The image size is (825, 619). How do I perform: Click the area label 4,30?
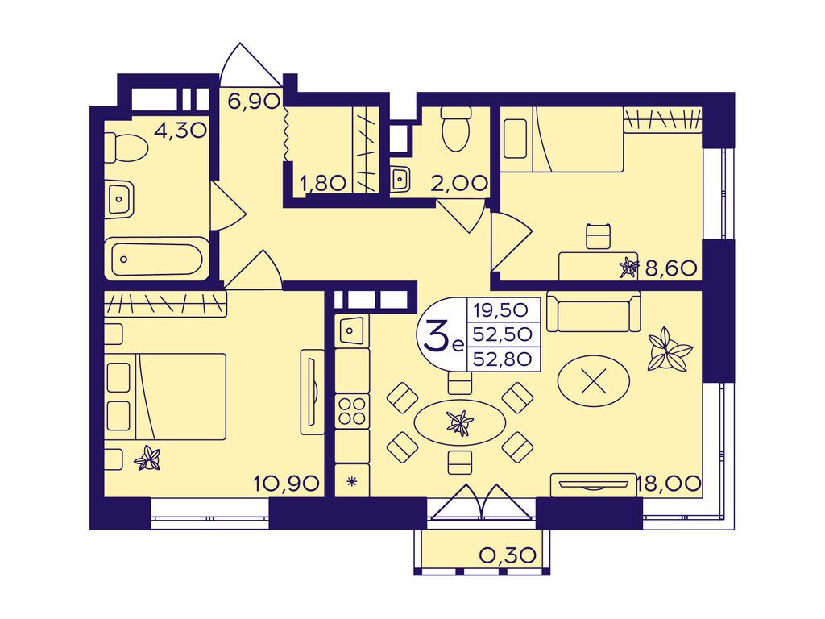click(180, 130)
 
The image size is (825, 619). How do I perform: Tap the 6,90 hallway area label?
click(254, 100)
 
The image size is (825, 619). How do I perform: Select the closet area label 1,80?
click(322, 183)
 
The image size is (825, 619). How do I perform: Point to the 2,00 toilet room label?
click(458, 183)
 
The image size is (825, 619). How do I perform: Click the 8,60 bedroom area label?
click(671, 269)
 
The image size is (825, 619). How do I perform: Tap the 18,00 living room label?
click(669, 483)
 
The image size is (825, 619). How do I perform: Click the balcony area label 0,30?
click(508, 555)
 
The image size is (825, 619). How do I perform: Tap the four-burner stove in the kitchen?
click(353, 411)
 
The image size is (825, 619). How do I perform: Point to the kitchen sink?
click(351, 330)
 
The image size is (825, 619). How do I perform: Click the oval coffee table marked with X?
click(594, 380)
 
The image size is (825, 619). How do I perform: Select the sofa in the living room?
click(594, 312)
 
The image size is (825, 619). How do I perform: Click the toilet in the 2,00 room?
click(455, 128)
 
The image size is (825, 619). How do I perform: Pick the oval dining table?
click(460, 422)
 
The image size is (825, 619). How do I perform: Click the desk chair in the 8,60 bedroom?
click(599, 236)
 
